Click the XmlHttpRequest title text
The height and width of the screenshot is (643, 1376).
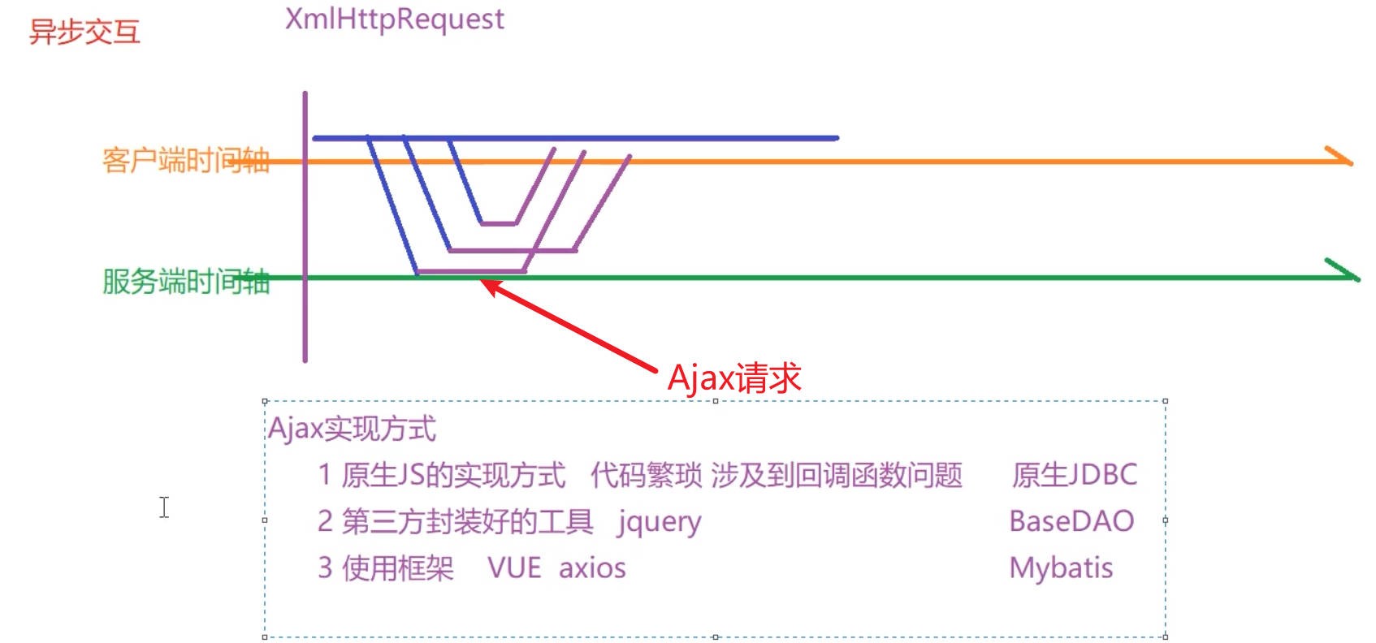394,19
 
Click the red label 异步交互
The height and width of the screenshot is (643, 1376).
84,32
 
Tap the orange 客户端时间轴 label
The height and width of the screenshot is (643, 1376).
185,161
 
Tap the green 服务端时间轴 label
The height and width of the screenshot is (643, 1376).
185,282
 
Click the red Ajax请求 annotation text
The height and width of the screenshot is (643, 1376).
733,378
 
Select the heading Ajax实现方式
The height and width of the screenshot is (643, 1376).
352,429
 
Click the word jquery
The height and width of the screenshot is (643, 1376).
659,522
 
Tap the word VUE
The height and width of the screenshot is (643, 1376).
514,568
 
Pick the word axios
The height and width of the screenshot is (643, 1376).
592,568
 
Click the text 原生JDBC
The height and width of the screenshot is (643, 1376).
1074,475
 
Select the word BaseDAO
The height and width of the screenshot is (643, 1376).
1071,521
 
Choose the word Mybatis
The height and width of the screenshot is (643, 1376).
1061,568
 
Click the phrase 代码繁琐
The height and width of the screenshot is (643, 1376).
646,475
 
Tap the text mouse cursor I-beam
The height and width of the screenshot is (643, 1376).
164,507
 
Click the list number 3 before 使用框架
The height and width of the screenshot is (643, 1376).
325,568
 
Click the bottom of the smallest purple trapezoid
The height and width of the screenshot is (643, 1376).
499,223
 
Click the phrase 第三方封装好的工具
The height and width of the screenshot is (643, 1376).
467,522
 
